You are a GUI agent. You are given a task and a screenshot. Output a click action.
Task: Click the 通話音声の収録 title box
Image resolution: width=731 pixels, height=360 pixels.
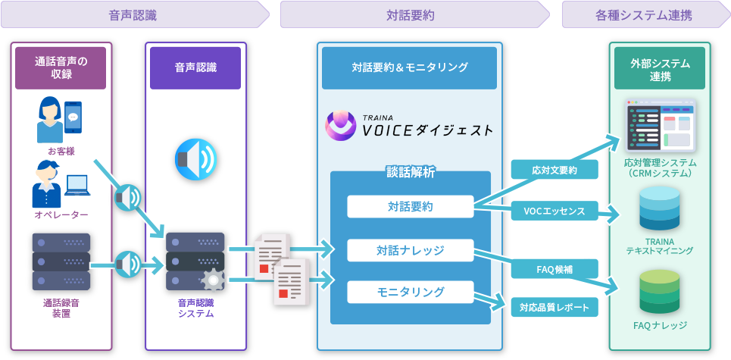click(61, 68)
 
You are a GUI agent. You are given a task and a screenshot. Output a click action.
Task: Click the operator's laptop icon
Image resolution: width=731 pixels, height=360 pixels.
click(77, 185)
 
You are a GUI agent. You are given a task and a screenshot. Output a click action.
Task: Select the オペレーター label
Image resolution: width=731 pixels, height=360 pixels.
click(61, 215)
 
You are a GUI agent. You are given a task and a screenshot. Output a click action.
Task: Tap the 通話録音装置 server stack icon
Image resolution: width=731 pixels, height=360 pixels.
click(61, 261)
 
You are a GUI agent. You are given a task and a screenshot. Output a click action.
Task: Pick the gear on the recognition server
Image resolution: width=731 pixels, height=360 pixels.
click(213, 280)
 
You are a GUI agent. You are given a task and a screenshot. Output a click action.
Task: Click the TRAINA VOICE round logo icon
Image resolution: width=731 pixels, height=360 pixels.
click(340, 126)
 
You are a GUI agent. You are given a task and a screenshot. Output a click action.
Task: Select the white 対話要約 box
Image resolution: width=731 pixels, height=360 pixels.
click(410, 206)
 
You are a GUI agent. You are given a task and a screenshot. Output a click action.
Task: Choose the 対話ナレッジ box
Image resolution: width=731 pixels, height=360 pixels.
click(410, 249)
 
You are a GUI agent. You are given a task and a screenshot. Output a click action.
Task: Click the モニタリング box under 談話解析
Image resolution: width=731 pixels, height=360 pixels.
click(410, 292)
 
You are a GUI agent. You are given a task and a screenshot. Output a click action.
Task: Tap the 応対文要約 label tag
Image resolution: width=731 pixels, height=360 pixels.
click(554, 170)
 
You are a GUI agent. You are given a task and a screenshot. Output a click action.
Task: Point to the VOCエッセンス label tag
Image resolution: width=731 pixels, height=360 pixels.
click(554, 211)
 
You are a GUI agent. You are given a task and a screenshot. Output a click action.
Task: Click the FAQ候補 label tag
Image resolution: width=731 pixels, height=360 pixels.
click(554, 268)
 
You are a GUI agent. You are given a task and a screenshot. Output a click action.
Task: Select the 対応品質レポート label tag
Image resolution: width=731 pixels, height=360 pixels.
click(554, 307)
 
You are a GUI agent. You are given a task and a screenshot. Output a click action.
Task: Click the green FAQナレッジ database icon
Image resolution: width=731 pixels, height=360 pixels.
click(659, 292)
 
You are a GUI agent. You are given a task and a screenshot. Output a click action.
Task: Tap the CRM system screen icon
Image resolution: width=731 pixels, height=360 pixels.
click(660, 125)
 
